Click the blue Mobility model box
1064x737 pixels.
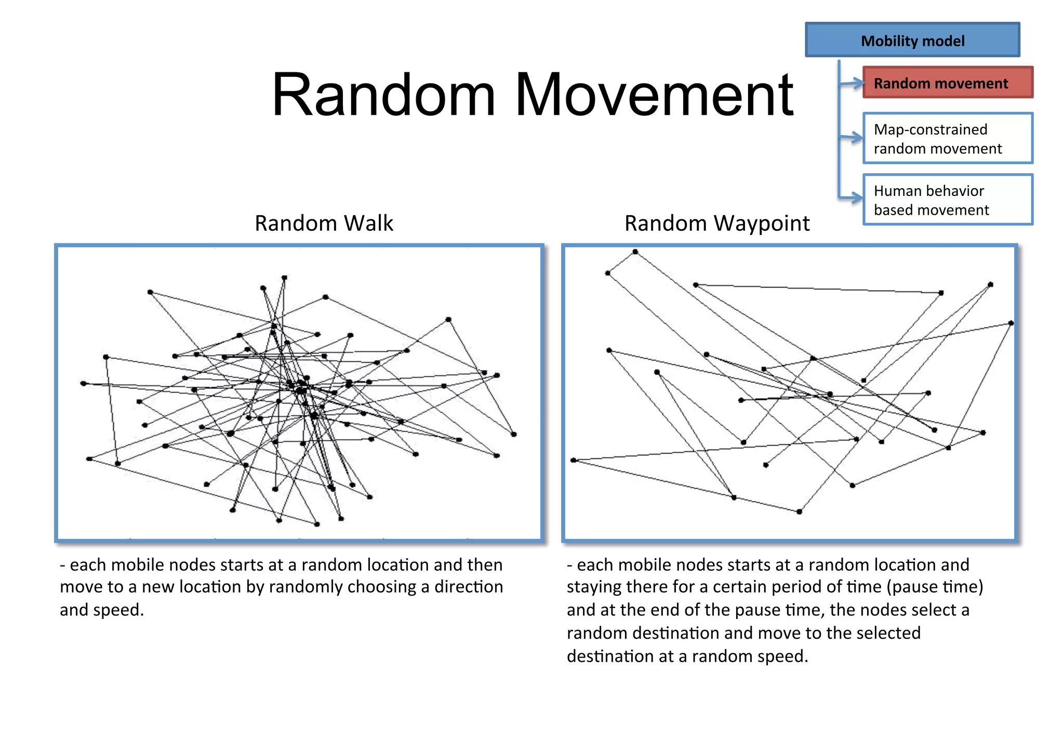click(x=912, y=40)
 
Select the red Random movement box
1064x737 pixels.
click(x=948, y=83)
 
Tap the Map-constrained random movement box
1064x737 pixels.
click(x=948, y=138)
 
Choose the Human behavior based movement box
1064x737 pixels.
click(x=948, y=200)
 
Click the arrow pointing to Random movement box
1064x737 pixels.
click(x=852, y=83)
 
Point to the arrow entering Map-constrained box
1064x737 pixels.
click(x=852, y=138)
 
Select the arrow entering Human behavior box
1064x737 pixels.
click(x=852, y=198)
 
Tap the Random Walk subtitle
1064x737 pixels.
click(x=324, y=223)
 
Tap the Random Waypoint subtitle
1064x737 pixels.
click(x=716, y=223)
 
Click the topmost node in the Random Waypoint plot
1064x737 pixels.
click(x=635, y=252)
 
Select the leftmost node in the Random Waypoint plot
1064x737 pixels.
click(x=574, y=460)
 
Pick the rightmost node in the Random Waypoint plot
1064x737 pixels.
click(x=1011, y=323)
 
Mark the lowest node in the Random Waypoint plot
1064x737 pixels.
click(x=799, y=512)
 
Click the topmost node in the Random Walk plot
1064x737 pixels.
click(x=284, y=278)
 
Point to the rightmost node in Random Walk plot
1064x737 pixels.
click(x=514, y=434)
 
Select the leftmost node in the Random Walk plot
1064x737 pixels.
click(x=83, y=384)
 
